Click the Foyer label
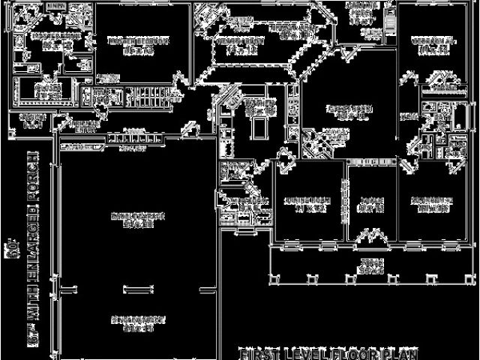(x=371, y=204)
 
